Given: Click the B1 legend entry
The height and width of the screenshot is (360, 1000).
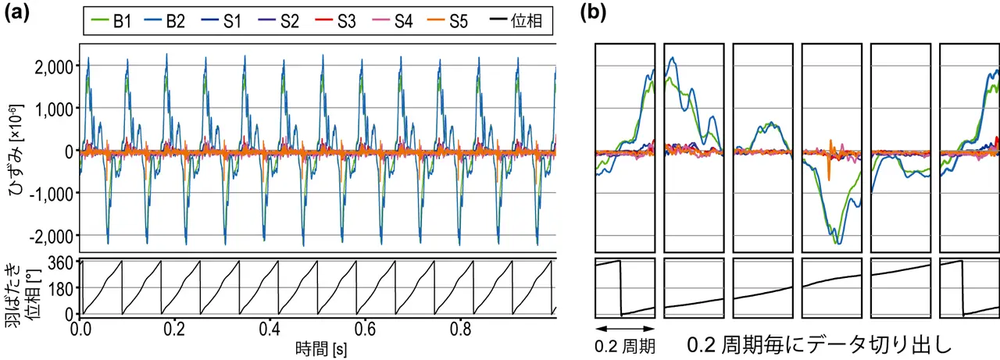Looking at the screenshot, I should click(x=114, y=22).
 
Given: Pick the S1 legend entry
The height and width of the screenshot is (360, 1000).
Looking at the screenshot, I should click(x=223, y=22).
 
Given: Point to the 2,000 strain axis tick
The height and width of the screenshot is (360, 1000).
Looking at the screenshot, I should click(x=55, y=65).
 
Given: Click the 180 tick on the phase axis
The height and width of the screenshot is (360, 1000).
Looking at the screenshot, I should click(x=62, y=288).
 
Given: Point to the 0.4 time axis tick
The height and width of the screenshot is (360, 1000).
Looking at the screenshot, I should click(x=270, y=328).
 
